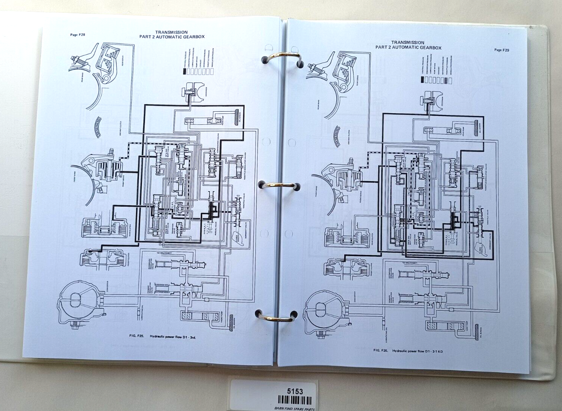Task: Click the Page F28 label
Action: pyautogui.click(x=78, y=35)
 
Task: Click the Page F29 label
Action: pyautogui.click(x=501, y=50)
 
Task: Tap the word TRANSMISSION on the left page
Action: pyautogui.click(x=171, y=32)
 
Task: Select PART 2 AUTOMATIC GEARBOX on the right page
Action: pyautogui.click(x=408, y=48)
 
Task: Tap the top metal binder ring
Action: pyautogui.click(x=281, y=58)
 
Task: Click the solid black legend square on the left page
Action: pyautogui.click(x=185, y=72)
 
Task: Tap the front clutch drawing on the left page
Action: pyautogui.click(x=101, y=258)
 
